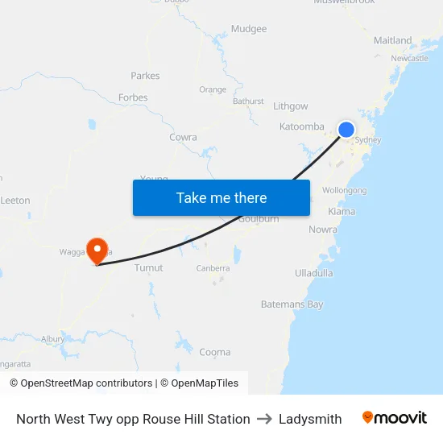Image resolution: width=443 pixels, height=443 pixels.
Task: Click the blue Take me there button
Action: pyautogui.click(x=221, y=197)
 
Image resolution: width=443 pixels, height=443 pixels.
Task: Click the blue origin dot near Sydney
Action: pyautogui.click(x=346, y=130)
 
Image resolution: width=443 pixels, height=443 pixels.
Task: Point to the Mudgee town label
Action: pyautogui.click(x=249, y=29)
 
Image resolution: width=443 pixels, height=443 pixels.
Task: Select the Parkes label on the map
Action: pyautogui.click(x=145, y=76)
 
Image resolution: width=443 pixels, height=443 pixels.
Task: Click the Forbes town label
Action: pyautogui.click(x=133, y=97)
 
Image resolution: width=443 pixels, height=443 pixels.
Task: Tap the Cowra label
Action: pyautogui.click(x=183, y=138)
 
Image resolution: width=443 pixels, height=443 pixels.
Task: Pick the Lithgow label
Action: pyautogui.click(x=291, y=106)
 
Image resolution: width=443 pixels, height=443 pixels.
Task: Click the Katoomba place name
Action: pyautogui.click(x=302, y=126)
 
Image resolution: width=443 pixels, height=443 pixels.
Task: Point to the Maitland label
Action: pyautogui.click(x=392, y=40)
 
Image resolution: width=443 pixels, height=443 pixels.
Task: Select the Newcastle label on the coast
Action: pyautogui.click(x=409, y=59)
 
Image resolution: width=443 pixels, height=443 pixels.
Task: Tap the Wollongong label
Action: pyautogui.click(x=344, y=191)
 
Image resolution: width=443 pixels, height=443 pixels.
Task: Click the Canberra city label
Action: pyautogui.click(x=213, y=268)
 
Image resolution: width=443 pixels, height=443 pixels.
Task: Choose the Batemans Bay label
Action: pyautogui.click(x=292, y=304)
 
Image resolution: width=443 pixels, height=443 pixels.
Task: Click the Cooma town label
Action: pyautogui.click(x=215, y=352)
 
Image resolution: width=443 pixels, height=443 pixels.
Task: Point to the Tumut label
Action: pyautogui.click(x=149, y=267)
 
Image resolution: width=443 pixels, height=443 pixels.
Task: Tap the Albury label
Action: pyautogui.click(x=53, y=339)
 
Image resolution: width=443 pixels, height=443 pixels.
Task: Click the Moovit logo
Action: pyautogui.click(x=395, y=418)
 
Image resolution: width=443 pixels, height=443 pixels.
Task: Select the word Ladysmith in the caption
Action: pyautogui.click(x=310, y=419)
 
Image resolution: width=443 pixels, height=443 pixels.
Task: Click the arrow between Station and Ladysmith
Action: pyautogui.click(x=264, y=419)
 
